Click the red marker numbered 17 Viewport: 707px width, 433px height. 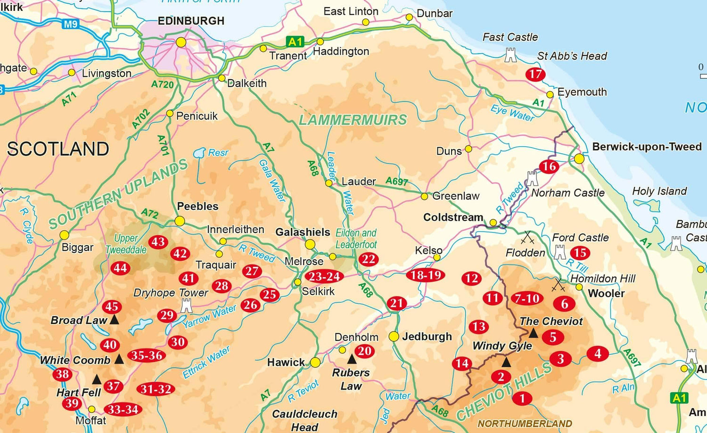click(535, 74)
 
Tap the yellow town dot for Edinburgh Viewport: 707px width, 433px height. click(181, 42)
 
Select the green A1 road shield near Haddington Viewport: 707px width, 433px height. click(295, 42)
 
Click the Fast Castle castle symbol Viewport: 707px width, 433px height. click(510, 56)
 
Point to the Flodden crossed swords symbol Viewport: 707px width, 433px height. click(526, 237)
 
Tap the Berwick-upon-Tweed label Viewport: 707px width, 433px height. click(647, 147)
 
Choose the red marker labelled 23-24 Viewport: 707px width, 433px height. click(324, 276)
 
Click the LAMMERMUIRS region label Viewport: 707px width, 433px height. click(353, 120)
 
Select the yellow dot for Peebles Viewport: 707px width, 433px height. click(180, 221)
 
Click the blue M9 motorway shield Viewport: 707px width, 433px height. click(71, 24)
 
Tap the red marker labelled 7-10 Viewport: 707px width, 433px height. click(526, 298)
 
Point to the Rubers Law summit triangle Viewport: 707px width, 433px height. click(352, 359)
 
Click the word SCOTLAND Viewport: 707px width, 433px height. click(58, 149)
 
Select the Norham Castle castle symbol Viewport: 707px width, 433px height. click(532, 178)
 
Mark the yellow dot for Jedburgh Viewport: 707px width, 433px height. click(394, 336)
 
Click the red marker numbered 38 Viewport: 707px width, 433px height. click(62, 375)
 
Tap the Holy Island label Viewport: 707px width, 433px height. click(659, 191)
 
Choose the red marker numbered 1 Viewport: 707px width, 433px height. click(522, 399)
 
